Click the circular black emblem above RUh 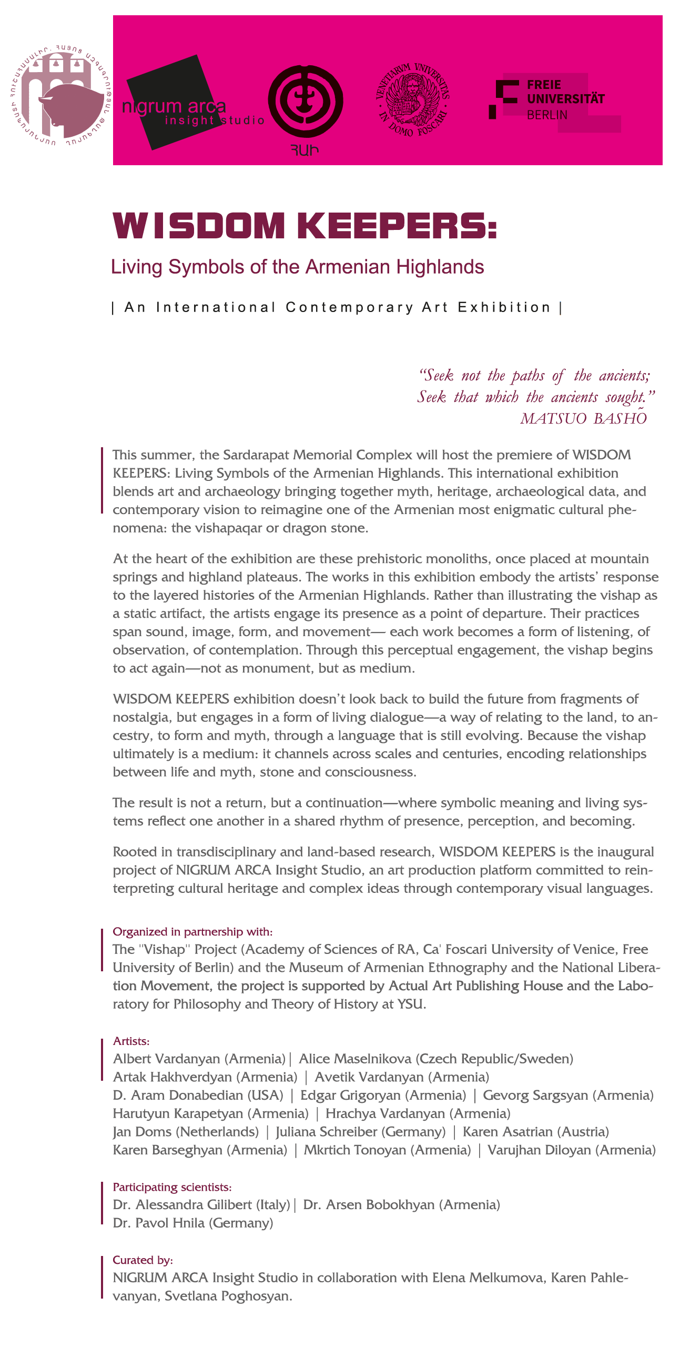coord(306,101)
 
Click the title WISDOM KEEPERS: coord(305,226)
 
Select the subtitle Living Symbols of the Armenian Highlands coord(297,267)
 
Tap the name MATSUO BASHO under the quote coord(583,418)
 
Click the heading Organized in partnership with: coord(192,932)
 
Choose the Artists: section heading coord(131,1041)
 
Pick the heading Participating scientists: coord(172,1187)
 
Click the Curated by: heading coord(143,1260)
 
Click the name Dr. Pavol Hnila coord(159,1223)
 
